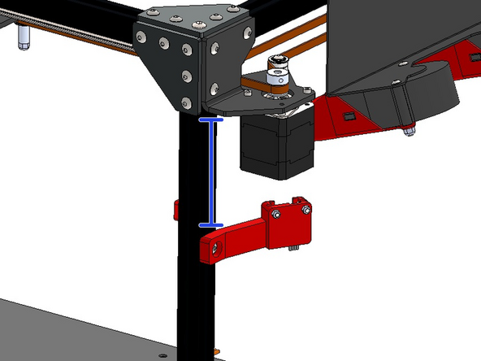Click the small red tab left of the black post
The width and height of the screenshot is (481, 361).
click(x=175, y=210)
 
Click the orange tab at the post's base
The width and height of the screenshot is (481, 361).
click(x=216, y=352)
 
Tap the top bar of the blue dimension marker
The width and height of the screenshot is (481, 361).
click(x=211, y=120)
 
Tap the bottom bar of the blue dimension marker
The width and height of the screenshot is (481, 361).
click(x=211, y=224)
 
